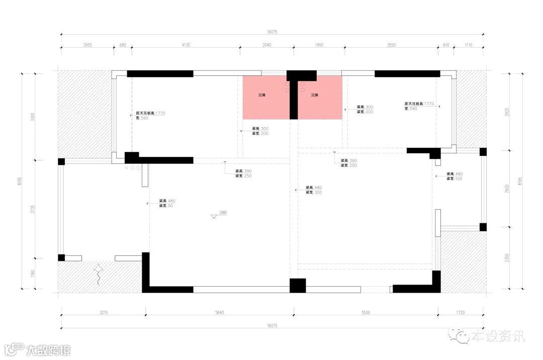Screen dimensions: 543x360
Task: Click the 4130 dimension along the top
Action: click(x=186, y=45)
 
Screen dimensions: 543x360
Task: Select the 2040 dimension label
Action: click(x=267, y=45)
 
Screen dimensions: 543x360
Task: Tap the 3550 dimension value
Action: click(x=391, y=45)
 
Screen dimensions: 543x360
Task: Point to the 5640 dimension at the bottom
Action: click(x=219, y=313)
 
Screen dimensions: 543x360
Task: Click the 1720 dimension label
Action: click(x=461, y=313)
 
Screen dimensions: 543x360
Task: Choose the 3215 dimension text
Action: click(x=104, y=313)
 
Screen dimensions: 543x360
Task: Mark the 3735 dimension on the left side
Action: click(x=33, y=210)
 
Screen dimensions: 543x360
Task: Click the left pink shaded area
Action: click(x=266, y=98)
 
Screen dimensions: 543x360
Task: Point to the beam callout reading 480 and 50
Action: click(x=167, y=203)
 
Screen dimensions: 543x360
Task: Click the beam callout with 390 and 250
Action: click(x=244, y=173)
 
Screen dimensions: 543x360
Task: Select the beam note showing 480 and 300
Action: click(x=314, y=190)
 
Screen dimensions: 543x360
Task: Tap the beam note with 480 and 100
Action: click(x=455, y=176)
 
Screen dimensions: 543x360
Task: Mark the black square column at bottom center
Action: click(x=298, y=286)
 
